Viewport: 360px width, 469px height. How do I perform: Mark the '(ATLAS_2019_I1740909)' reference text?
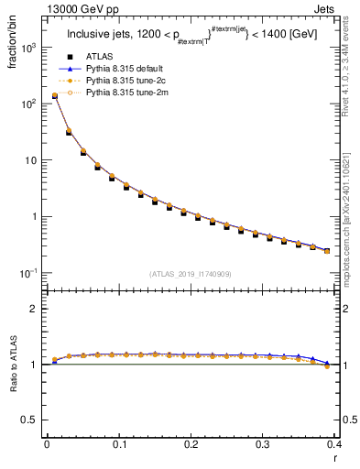click(191, 274)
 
